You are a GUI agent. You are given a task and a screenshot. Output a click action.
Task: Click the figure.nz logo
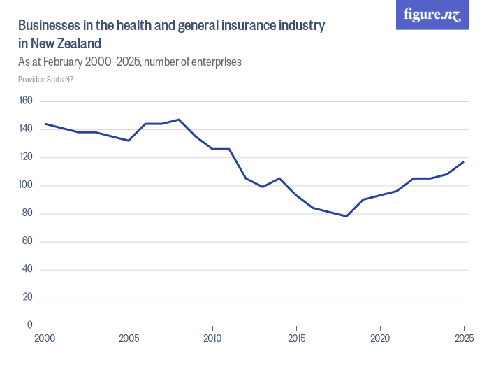pos(432,15)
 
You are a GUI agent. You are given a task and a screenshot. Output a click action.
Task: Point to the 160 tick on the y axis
pos(26,101)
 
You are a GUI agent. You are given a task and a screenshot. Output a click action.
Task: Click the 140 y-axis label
pos(26,129)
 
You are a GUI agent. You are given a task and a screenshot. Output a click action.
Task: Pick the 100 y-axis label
pos(26,185)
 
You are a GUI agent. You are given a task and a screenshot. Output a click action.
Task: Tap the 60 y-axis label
pos(28,241)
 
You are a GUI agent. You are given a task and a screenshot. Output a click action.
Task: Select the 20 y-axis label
pos(28,297)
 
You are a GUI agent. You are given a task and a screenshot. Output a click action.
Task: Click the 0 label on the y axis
pos(30,325)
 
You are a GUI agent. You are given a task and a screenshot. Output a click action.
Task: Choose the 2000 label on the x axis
pos(45,339)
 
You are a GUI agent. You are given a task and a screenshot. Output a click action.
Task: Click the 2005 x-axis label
pos(129,339)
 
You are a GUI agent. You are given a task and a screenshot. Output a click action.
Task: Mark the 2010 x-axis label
pos(212,339)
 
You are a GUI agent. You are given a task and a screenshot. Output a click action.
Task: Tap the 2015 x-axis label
pos(296,339)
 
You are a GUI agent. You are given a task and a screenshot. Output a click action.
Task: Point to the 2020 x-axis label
pos(380,339)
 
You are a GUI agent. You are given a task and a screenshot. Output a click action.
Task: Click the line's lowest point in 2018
pos(346,216)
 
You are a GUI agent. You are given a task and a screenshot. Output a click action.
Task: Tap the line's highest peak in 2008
pos(179,120)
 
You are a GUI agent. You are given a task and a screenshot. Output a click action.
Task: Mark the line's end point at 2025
pos(464,161)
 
